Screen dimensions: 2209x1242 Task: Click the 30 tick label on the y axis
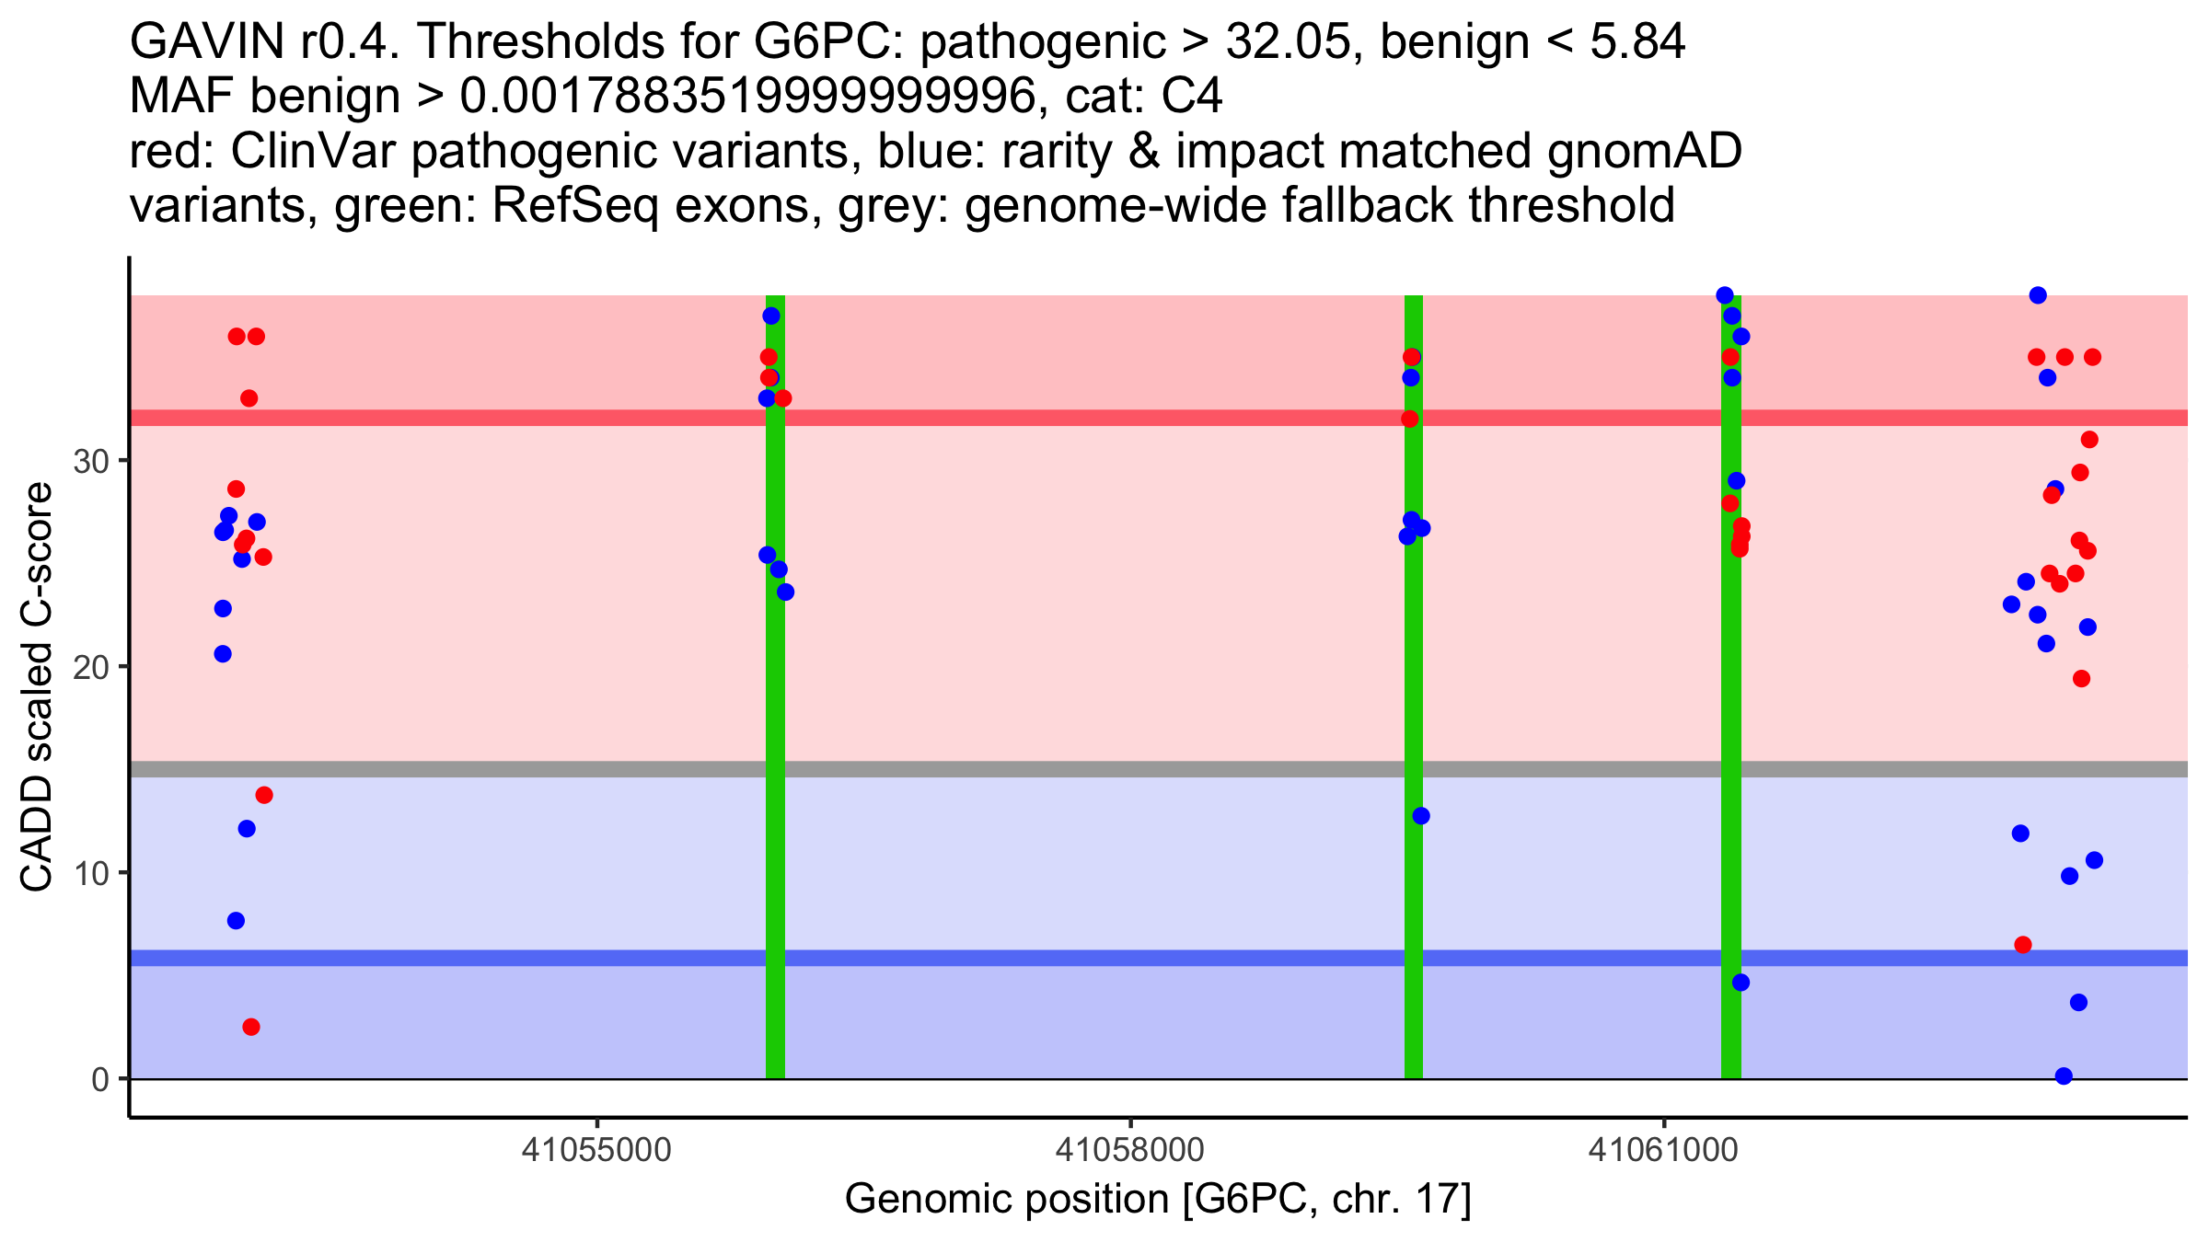tap(91, 461)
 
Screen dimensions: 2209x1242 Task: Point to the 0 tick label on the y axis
tap(100, 1079)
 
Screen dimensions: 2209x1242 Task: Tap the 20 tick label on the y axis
tap(91, 667)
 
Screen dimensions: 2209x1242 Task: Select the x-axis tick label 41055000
tap(597, 1150)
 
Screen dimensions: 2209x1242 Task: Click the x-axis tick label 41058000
tap(1129, 1150)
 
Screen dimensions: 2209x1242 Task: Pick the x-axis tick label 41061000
tap(1663, 1150)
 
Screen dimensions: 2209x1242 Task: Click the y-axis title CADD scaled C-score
tap(37, 688)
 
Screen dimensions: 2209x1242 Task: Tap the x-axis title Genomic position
tap(1158, 1200)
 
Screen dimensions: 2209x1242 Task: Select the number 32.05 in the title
tap(1285, 41)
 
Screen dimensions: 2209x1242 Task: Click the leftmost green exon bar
tap(775, 687)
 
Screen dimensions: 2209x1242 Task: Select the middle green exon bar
tap(1413, 687)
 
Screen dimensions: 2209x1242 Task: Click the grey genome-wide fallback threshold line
tap(1158, 769)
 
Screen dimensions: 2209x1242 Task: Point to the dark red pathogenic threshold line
tap(1158, 418)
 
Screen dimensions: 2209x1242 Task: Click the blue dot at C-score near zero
tap(2064, 1076)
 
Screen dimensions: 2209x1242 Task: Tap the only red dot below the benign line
tap(251, 1027)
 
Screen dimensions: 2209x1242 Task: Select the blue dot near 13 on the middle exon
tap(1421, 816)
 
